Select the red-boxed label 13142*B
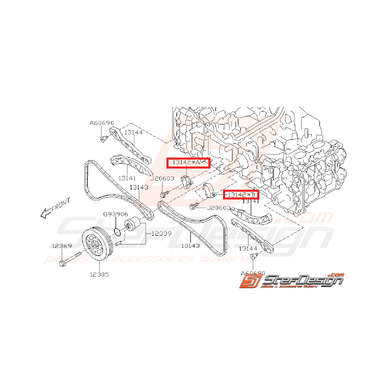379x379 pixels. click(x=241, y=195)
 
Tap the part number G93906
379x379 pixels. click(x=115, y=214)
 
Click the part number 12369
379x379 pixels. click(x=61, y=245)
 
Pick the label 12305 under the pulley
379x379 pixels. click(x=100, y=274)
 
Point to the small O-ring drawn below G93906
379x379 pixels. click(x=117, y=232)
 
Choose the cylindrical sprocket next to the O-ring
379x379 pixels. click(x=133, y=225)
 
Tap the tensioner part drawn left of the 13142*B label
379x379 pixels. click(x=211, y=191)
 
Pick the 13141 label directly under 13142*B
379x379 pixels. click(x=251, y=201)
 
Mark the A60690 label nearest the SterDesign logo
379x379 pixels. click(x=253, y=273)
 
